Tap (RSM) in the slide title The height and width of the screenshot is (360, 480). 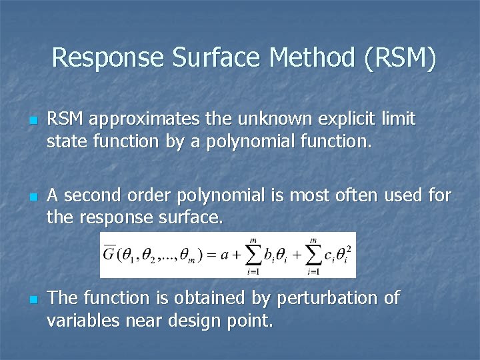[x=401, y=58]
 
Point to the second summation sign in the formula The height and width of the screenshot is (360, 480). [x=313, y=254]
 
